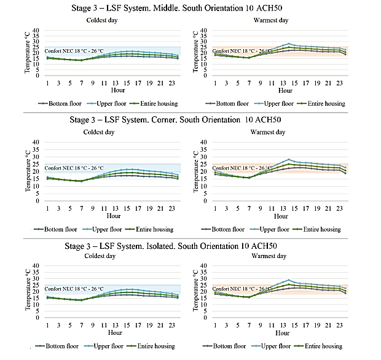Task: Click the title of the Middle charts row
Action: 176,8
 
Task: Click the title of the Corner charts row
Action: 175,120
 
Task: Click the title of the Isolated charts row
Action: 171,246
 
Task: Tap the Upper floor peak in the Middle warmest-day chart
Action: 289,44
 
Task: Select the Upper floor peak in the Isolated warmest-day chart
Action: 289,280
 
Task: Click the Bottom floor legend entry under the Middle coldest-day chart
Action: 60,103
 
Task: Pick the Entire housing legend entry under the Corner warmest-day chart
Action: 317,229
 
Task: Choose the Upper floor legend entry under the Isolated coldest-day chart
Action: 104,346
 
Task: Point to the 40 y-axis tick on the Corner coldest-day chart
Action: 36,142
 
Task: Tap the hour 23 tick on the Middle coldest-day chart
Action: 172,83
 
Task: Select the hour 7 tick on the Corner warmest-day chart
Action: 249,208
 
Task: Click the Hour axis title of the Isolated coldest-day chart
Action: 115,332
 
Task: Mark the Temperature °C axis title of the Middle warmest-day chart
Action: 195,52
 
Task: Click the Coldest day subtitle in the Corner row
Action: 99,132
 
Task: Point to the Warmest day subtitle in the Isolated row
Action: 269,256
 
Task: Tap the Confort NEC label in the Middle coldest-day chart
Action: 74,51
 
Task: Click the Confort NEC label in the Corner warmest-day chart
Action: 242,168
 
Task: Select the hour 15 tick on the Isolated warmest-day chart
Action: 294,325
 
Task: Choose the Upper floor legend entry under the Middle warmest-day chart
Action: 274,103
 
